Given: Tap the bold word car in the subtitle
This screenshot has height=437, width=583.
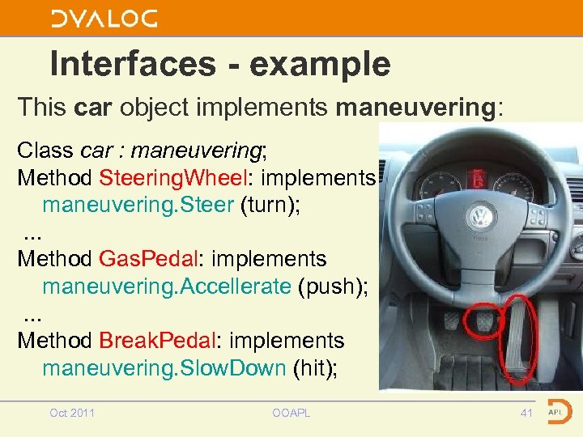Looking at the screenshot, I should point(88,106).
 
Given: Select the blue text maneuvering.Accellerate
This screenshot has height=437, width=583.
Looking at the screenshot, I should point(166,286).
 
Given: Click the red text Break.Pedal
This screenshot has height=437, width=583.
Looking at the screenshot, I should point(153,341).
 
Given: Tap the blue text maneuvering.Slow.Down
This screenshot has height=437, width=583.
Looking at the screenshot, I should point(164,368).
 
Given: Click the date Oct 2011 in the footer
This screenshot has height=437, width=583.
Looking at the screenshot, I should point(72,414).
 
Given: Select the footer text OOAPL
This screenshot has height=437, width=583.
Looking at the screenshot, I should point(291,414).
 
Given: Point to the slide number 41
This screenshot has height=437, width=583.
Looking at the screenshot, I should point(527,414).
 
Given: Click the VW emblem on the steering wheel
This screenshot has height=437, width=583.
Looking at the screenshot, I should point(481,217).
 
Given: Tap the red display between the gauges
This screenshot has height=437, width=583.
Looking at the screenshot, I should point(479,178).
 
